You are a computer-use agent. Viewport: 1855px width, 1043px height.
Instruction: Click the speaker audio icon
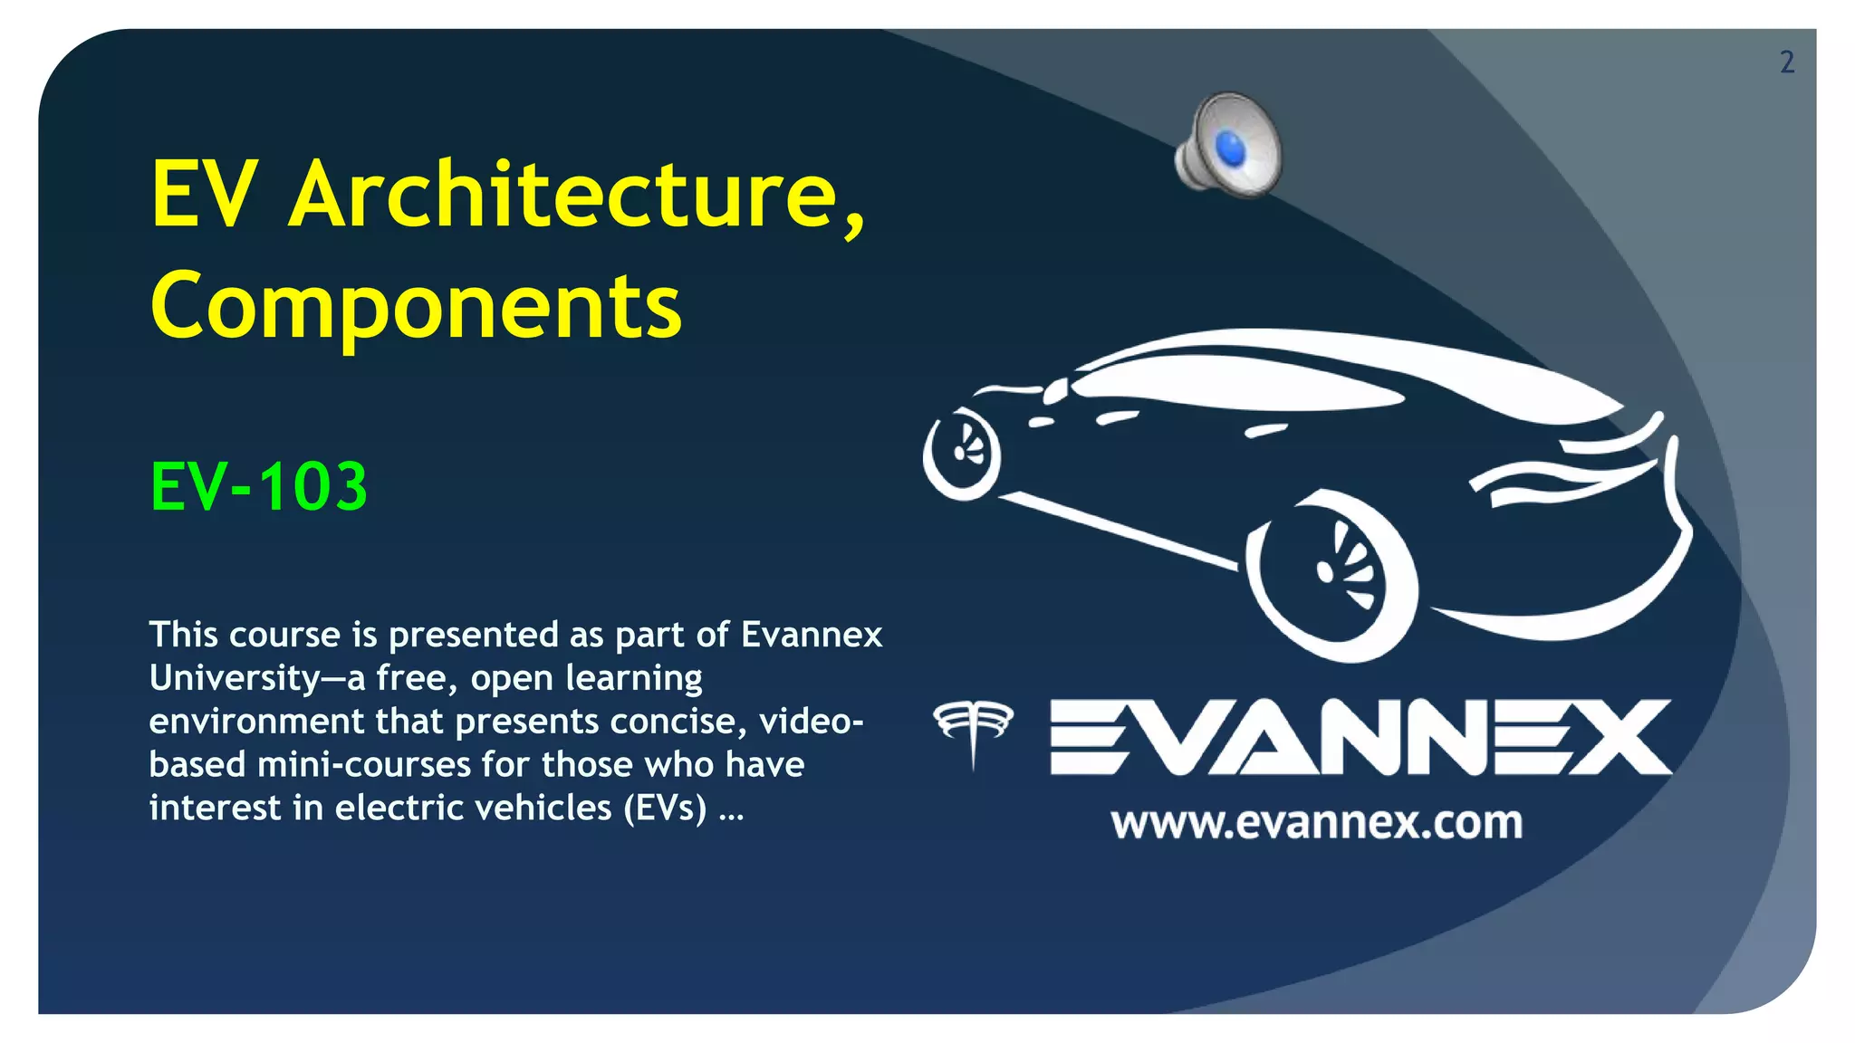pos(1230,146)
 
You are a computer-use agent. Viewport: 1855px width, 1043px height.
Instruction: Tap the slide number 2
pos(1786,62)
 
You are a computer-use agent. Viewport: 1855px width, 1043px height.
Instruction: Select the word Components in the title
pos(416,306)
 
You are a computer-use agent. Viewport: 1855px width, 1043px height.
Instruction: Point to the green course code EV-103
pos(259,487)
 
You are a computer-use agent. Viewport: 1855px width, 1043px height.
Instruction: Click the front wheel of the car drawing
pos(962,453)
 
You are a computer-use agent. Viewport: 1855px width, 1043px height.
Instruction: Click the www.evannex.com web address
pos(1316,823)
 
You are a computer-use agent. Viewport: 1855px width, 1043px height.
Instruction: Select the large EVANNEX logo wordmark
pos(1360,737)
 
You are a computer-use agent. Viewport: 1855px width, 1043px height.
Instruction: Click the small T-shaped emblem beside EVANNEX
pos(974,730)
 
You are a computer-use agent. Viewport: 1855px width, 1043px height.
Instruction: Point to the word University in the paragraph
pos(235,678)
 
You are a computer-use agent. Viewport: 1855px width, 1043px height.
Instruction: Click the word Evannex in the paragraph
pos(812,635)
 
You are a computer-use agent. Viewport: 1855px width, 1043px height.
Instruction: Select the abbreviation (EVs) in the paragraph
pos(665,809)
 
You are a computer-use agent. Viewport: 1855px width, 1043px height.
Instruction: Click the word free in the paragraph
pos(416,678)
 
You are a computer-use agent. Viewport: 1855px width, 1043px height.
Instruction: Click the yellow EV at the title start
pos(204,194)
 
